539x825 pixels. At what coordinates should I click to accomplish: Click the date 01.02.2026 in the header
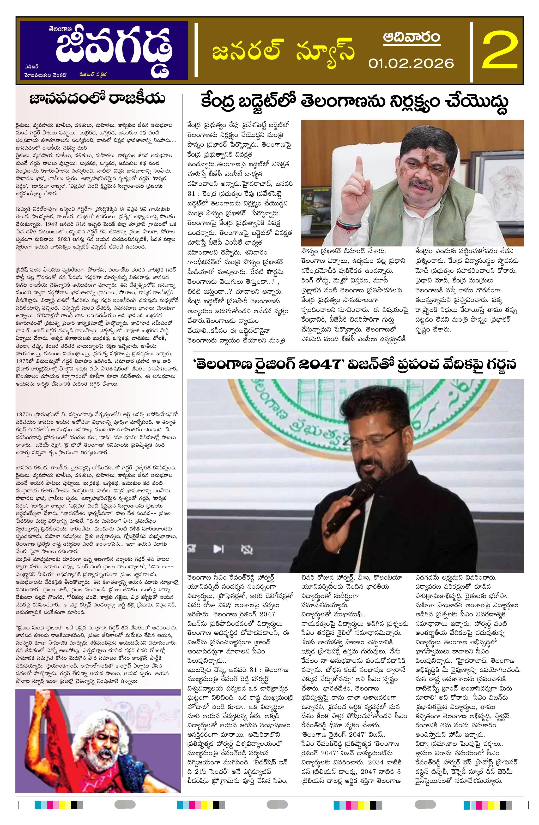pyautogui.click(x=411, y=63)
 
